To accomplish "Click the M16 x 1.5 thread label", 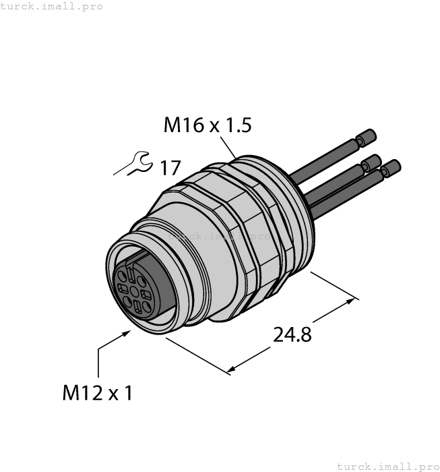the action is pos(208,125).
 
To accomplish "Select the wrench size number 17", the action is pos(170,168).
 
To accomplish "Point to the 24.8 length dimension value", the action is pos(292,334).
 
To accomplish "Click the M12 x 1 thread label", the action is pos(98,392).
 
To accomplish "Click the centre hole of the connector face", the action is pos(134,291).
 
